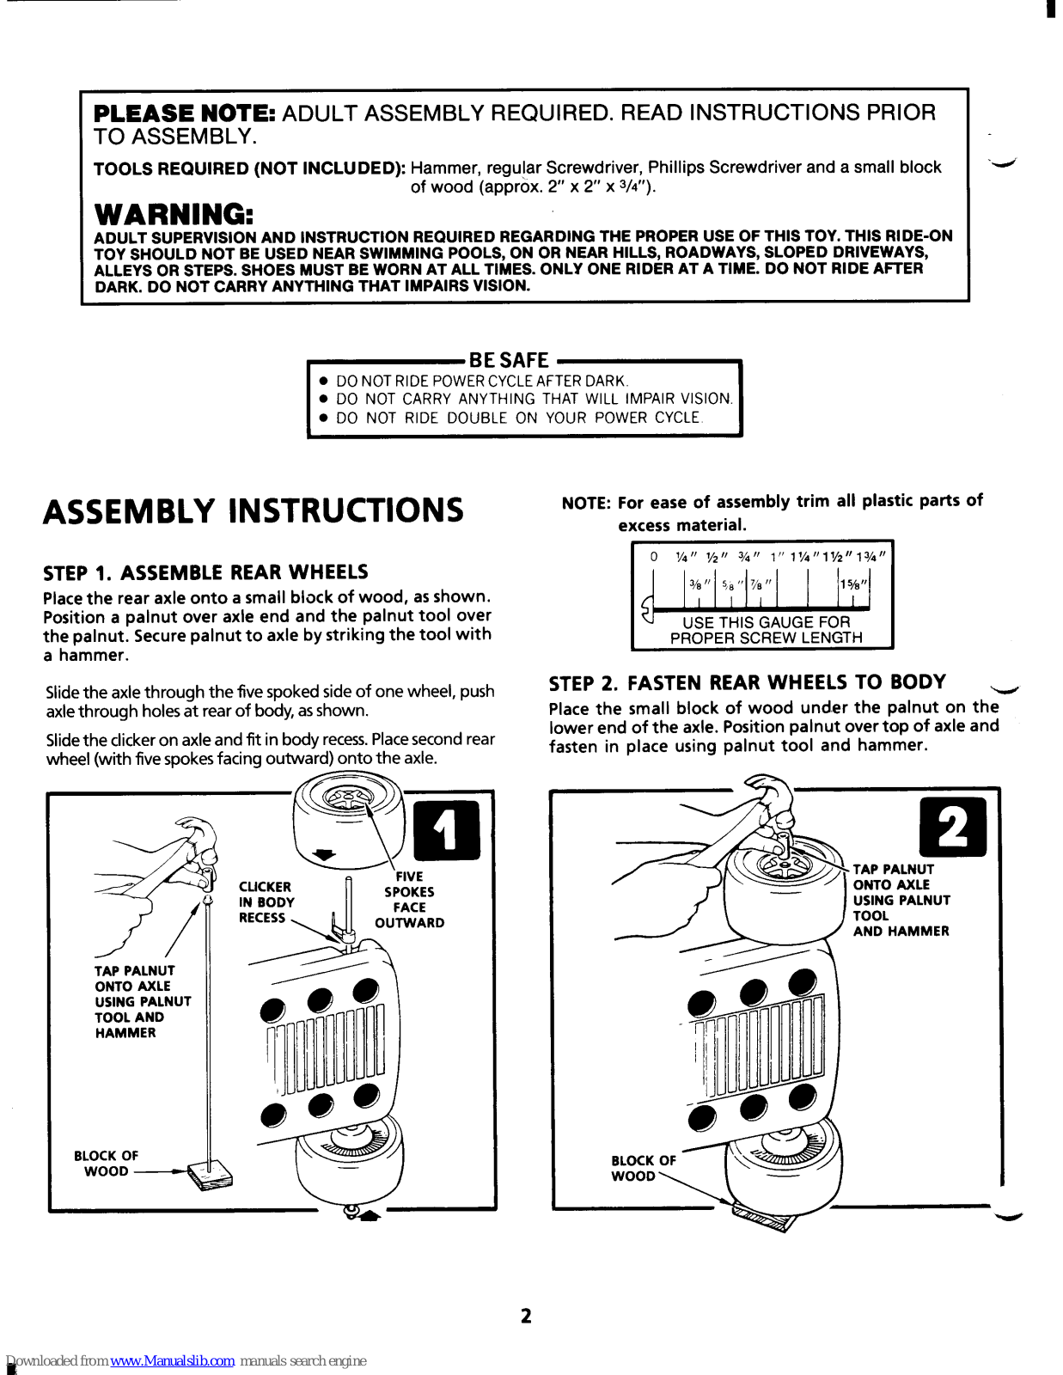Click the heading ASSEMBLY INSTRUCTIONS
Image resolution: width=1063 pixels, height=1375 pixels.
254,510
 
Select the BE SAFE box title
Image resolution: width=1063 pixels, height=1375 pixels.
509,361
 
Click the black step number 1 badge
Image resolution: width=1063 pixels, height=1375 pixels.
447,830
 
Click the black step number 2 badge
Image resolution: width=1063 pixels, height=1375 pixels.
952,828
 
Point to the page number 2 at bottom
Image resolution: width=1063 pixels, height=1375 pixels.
526,1316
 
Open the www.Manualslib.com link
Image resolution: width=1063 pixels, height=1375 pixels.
173,1361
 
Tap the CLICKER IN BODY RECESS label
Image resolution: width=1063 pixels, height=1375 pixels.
266,902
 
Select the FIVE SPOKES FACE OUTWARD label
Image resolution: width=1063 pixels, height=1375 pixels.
410,900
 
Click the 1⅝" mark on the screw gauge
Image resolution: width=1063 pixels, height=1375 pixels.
854,584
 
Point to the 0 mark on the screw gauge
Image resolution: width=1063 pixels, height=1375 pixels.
654,557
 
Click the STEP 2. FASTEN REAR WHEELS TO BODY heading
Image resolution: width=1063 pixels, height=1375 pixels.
747,683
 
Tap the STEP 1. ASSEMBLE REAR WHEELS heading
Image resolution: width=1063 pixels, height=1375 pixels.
205,572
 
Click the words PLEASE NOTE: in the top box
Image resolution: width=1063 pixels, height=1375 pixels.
184,113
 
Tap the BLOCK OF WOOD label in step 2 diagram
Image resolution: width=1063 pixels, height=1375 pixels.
643,1168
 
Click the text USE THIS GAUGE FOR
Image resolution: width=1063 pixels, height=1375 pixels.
766,621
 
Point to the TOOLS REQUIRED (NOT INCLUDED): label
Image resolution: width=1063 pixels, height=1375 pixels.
249,168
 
